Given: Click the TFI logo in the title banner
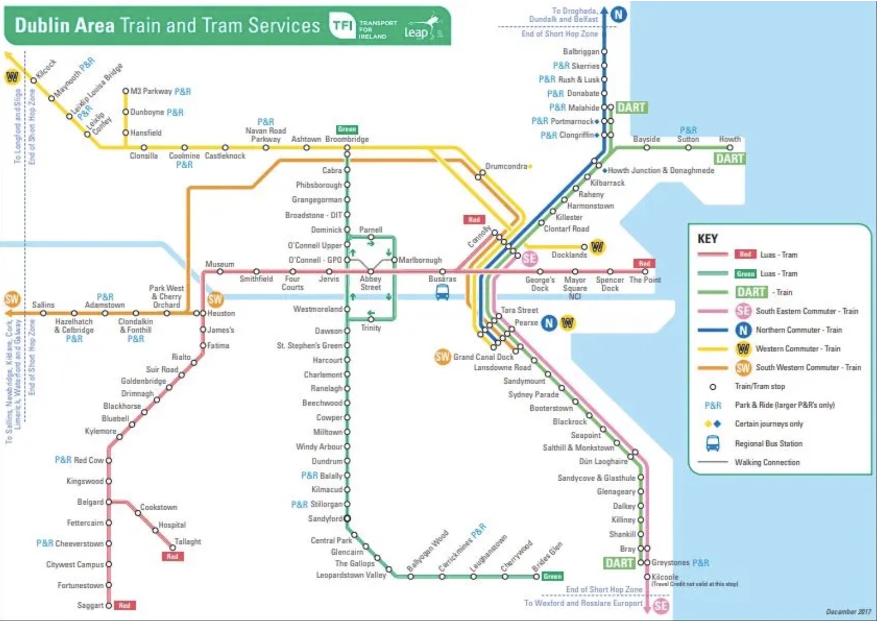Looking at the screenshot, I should (x=342, y=26).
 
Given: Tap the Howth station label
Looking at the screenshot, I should (x=729, y=139).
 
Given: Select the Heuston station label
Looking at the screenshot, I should (x=221, y=313).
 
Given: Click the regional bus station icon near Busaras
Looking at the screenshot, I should (x=442, y=293).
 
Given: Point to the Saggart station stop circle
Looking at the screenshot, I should (x=108, y=605).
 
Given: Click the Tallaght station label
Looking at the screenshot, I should (x=187, y=542).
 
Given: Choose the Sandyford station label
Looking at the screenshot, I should (x=325, y=519).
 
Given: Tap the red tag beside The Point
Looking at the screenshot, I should (x=644, y=264).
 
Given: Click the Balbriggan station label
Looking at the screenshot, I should (x=581, y=51).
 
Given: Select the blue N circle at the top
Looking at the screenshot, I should (x=618, y=14).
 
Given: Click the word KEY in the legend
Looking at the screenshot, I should (x=707, y=239).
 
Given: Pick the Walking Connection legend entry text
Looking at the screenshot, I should (x=767, y=462).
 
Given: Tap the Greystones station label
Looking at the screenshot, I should (x=671, y=563).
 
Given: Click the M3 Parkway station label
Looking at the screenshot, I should (x=151, y=91).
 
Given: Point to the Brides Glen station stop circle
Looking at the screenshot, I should (x=536, y=576).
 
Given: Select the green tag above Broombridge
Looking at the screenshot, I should (x=347, y=130).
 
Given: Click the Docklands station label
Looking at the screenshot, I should (x=569, y=255).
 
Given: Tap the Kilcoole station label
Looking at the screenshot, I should (x=665, y=577).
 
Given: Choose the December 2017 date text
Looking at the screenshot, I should (x=848, y=612).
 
